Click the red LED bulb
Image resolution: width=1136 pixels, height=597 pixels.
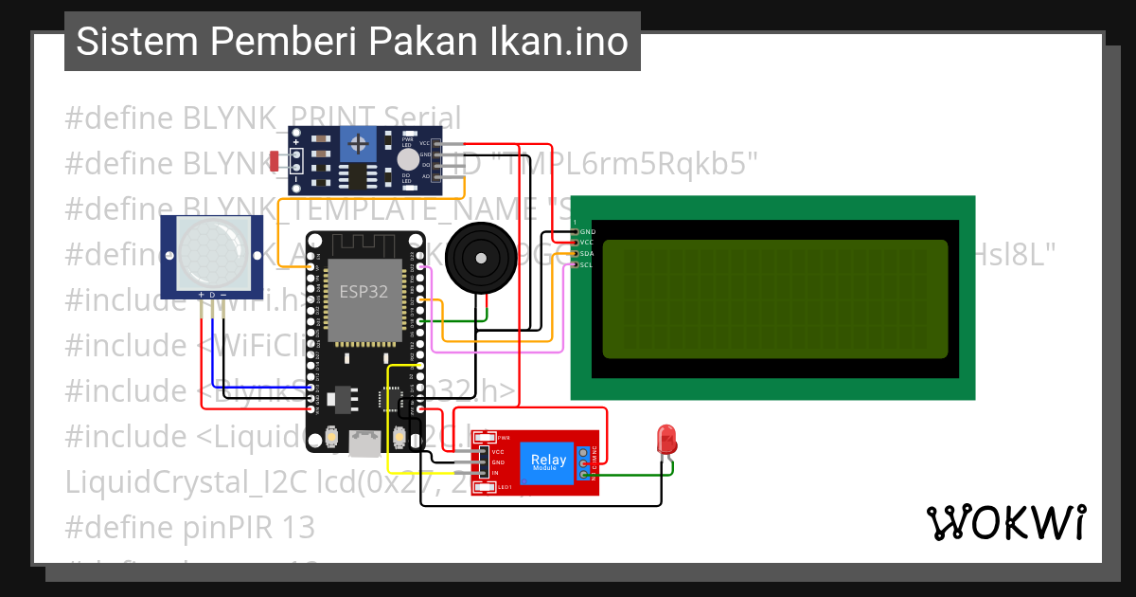click(666, 439)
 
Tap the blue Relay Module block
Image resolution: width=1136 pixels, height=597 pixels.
click(548, 463)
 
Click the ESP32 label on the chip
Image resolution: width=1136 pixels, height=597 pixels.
click(364, 292)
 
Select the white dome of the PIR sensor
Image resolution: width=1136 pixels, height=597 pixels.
click(211, 253)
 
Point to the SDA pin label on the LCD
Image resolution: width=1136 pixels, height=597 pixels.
click(587, 254)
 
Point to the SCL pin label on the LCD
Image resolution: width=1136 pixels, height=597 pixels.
click(586, 265)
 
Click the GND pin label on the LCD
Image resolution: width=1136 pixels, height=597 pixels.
click(587, 231)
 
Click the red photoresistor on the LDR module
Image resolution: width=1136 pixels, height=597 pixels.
click(274, 158)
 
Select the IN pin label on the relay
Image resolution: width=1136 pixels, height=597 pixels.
click(495, 472)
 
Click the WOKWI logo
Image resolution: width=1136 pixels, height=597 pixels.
click(1005, 523)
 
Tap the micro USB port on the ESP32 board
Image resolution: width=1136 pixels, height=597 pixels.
click(364, 442)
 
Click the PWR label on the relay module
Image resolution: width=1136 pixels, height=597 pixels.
click(504, 438)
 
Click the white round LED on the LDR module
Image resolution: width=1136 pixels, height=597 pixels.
click(407, 159)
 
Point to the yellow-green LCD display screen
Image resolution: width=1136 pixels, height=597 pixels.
click(774, 298)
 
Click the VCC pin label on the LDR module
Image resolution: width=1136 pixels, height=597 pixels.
click(424, 143)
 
